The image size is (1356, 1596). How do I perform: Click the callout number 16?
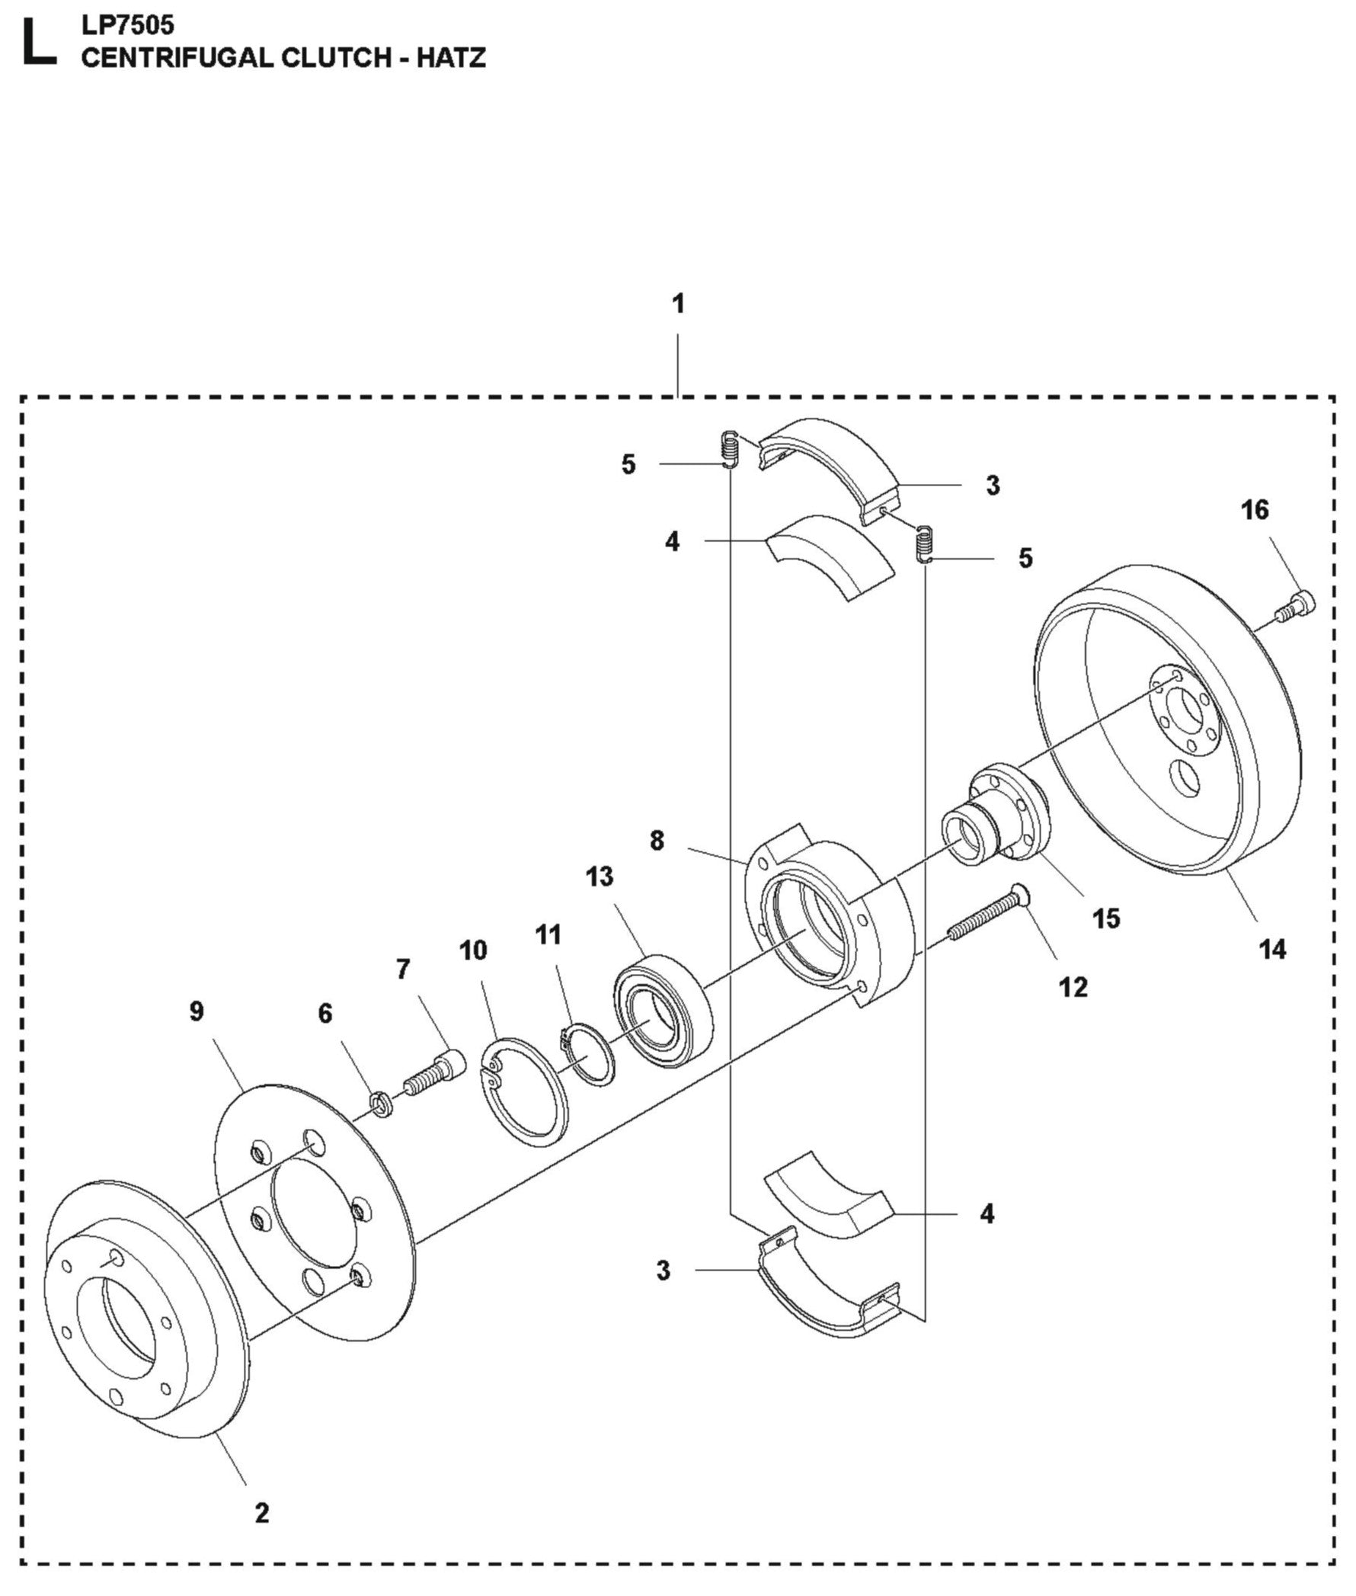(1255, 510)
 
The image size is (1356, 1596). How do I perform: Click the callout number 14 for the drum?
(1272, 950)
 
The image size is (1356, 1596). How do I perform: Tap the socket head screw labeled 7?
(430, 1072)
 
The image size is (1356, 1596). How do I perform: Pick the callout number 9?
(197, 1011)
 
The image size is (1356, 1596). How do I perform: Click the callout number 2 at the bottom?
(262, 1513)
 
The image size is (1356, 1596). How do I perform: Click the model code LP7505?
(128, 25)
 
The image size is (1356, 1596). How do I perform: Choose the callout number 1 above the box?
(677, 305)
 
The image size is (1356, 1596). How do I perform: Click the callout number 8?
(657, 841)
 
